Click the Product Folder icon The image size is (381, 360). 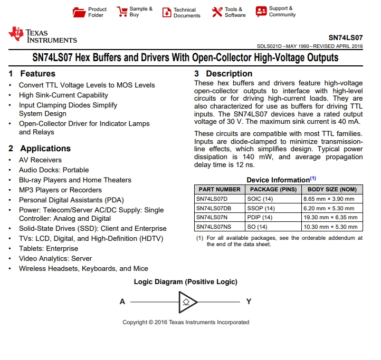pos(79,12)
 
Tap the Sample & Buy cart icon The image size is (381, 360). pos(122,12)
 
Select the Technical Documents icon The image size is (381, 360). pos(166,13)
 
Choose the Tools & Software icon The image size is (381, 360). pos(217,12)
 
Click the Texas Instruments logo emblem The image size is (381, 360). pos(16,35)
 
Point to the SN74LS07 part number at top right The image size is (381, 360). pos(345,38)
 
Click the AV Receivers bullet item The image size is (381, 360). pos(40,160)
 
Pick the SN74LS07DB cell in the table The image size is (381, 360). pos(214,208)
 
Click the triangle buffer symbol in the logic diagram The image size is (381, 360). pos(187,302)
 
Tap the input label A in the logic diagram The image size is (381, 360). pos(122,302)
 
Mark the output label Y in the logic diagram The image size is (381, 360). pos(249,302)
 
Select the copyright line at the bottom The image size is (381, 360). pos(186,322)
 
